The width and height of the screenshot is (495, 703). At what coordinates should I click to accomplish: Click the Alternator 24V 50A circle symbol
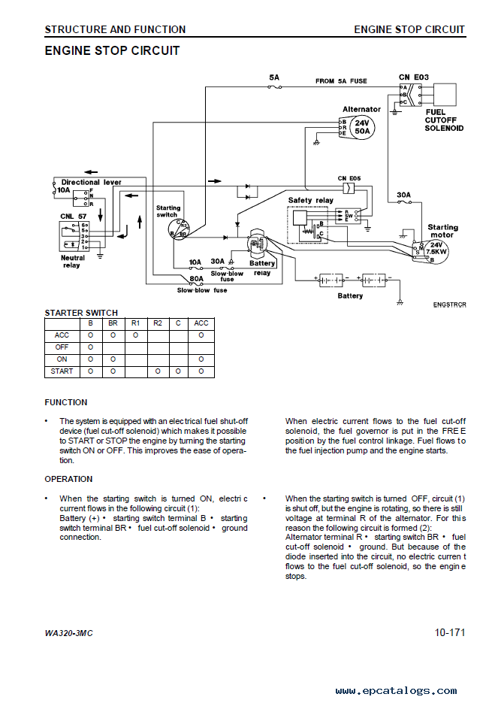[362, 127]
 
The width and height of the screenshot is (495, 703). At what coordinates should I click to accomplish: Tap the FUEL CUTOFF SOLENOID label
[444, 120]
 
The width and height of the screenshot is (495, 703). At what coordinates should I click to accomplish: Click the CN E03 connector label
[413, 77]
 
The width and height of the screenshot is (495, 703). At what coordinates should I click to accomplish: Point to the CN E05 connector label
[349, 178]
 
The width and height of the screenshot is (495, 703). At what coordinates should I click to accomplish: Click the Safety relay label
[310, 201]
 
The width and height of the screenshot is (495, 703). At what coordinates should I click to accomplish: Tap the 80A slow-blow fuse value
[196, 278]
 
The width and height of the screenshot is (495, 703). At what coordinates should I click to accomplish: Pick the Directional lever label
[92, 182]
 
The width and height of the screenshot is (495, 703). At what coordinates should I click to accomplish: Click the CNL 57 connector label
[73, 216]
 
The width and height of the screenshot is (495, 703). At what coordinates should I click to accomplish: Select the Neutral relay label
[73, 262]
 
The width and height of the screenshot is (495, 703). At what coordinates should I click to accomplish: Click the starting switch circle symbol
[180, 229]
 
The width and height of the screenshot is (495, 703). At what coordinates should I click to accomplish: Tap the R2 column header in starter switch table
[158, 323]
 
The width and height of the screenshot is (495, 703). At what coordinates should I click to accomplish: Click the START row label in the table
[62, 371]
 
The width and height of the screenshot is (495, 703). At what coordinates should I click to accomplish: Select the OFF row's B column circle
[90, 347]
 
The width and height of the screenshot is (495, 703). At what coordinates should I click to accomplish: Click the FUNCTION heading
[66, 402]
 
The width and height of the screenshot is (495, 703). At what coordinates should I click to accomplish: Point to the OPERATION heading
[68, 479]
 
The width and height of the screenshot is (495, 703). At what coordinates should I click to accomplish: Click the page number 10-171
[450, 632]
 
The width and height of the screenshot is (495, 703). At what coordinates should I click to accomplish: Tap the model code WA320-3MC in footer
[68, 633]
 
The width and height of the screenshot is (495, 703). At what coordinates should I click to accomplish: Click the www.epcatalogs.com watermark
[397, 691]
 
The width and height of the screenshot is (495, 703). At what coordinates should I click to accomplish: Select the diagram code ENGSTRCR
[449, 305]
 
